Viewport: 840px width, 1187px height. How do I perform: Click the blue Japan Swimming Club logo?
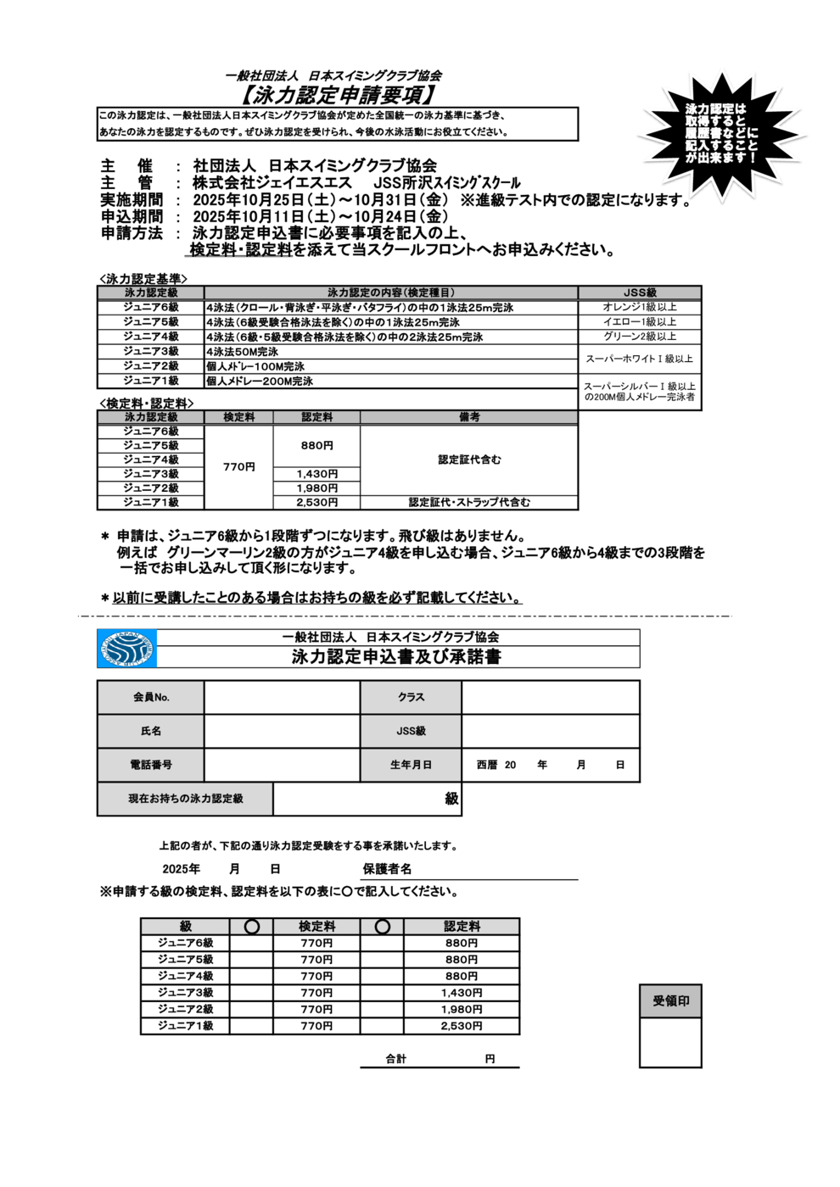[126, 649]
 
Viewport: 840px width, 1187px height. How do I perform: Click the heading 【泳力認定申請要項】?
[337, 94]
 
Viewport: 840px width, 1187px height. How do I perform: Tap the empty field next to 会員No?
[282, 697]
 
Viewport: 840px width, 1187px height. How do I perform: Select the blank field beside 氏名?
[282, 731]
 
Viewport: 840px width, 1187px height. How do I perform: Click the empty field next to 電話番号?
[282, 765]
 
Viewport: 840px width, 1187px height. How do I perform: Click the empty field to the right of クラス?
[550, 697]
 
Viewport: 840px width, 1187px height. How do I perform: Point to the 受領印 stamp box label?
[670, 1001]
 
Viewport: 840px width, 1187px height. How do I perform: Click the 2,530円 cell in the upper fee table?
[316, 503]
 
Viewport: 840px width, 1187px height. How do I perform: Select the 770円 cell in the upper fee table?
[238, 467]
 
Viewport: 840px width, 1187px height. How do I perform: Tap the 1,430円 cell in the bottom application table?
[462, 993]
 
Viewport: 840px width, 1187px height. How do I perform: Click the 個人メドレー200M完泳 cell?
[260, 382]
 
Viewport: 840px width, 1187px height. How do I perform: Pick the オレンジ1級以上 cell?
[640, 307]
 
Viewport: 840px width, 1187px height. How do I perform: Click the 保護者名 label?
[387, 869]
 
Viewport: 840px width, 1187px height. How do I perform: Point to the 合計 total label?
[396, 1059]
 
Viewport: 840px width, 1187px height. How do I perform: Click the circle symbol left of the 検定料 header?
[251, 927]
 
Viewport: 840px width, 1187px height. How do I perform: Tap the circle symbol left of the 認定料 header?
[382, 927]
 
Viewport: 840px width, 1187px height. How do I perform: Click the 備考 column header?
[469, 417]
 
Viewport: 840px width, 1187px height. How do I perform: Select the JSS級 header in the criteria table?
[640, 293]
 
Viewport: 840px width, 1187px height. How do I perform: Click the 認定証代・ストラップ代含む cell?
[469, 503]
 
